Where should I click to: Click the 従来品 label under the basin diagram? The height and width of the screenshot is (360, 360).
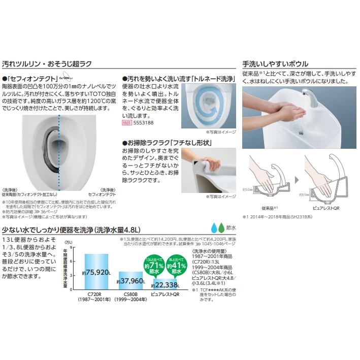[267, 208]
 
